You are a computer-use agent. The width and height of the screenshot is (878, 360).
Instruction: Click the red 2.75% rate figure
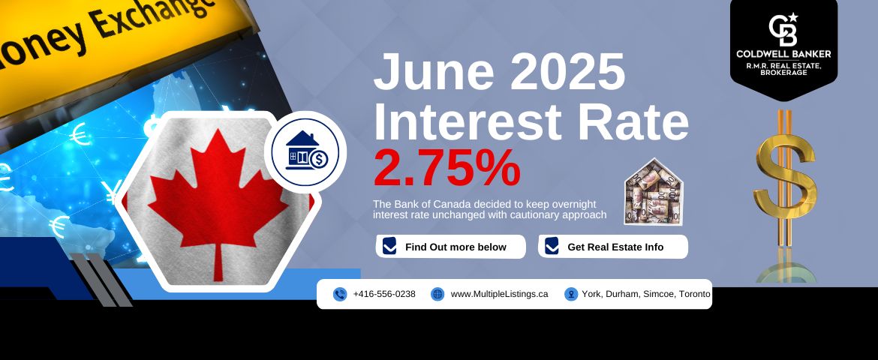point(447,167)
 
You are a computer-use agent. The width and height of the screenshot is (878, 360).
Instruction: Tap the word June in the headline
point(434,72)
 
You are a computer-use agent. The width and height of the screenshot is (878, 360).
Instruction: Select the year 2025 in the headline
point(567,72)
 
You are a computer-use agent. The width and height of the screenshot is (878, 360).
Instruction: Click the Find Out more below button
point(451,247)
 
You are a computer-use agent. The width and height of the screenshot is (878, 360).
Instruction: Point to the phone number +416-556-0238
point(384,294)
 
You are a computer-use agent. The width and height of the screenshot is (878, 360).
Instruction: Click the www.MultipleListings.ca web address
point(499,294)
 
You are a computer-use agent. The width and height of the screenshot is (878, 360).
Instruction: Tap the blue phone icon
point(340,295)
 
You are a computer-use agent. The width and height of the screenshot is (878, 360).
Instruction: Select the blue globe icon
point(437,295)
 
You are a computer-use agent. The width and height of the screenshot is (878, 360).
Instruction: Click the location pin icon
point(570,295)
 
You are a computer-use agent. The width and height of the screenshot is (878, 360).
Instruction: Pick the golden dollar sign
point(785,178)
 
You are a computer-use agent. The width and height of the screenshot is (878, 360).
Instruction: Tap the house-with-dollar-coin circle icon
point(305,151)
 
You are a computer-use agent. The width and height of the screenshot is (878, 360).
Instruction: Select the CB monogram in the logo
point(783,30)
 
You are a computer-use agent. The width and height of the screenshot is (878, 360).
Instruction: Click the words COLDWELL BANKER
point(783,54)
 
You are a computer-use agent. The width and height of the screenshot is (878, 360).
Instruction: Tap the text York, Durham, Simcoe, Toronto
point(646,294)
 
